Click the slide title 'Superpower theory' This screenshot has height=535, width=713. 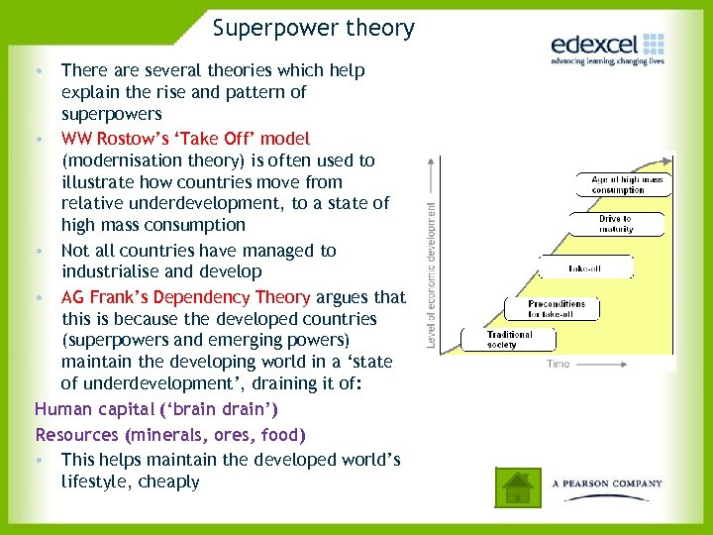pyautogui.click(x=313, y=28)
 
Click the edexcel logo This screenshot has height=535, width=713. pyautogui.click(x=607, y=45)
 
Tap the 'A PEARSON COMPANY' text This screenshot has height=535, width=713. pyautogui.click(x=607, y=483)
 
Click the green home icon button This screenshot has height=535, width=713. pyautogui.click(x=516, y=485)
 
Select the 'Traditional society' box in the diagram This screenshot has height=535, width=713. pyautogui.click(x=509, y=339)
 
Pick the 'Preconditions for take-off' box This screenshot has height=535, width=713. pyautogui.click(x=556, y=308)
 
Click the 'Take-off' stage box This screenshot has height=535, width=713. pyautogui.click(x=584, y=268)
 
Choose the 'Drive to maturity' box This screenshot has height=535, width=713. pyautogui.click(x=614, y=224)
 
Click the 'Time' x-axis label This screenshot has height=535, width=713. pyautogui.click(x=559, y=364)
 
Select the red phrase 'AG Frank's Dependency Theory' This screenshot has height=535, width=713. pyautogui.click(x=185, y=297)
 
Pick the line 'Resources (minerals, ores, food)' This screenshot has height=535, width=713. pyautogui.click(x=170, y=434)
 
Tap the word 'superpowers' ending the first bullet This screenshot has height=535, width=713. pyautogui.click(x=111, y=114)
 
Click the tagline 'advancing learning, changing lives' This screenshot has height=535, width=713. pyautogui.click(x=607, y=61)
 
